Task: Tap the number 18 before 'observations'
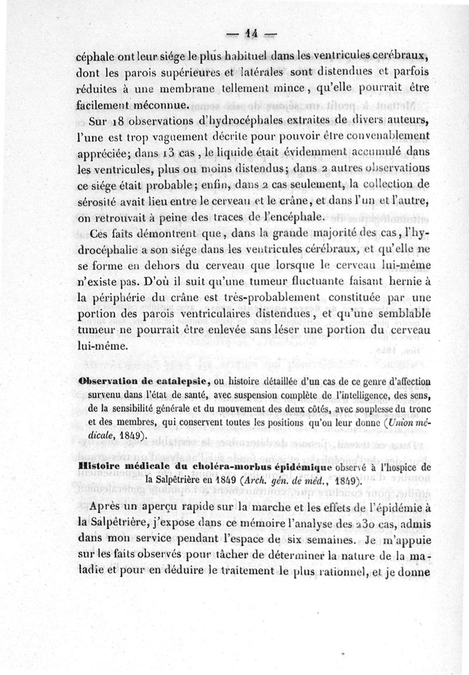118,122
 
